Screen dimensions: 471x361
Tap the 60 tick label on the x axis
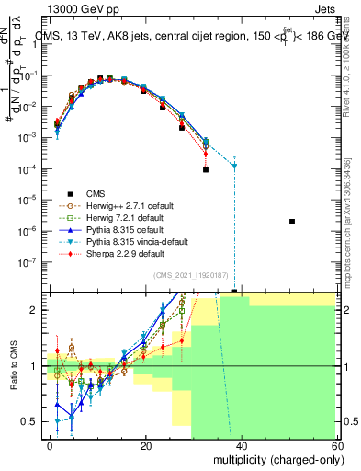point(339,445)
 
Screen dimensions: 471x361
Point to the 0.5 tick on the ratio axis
point(30,422)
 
